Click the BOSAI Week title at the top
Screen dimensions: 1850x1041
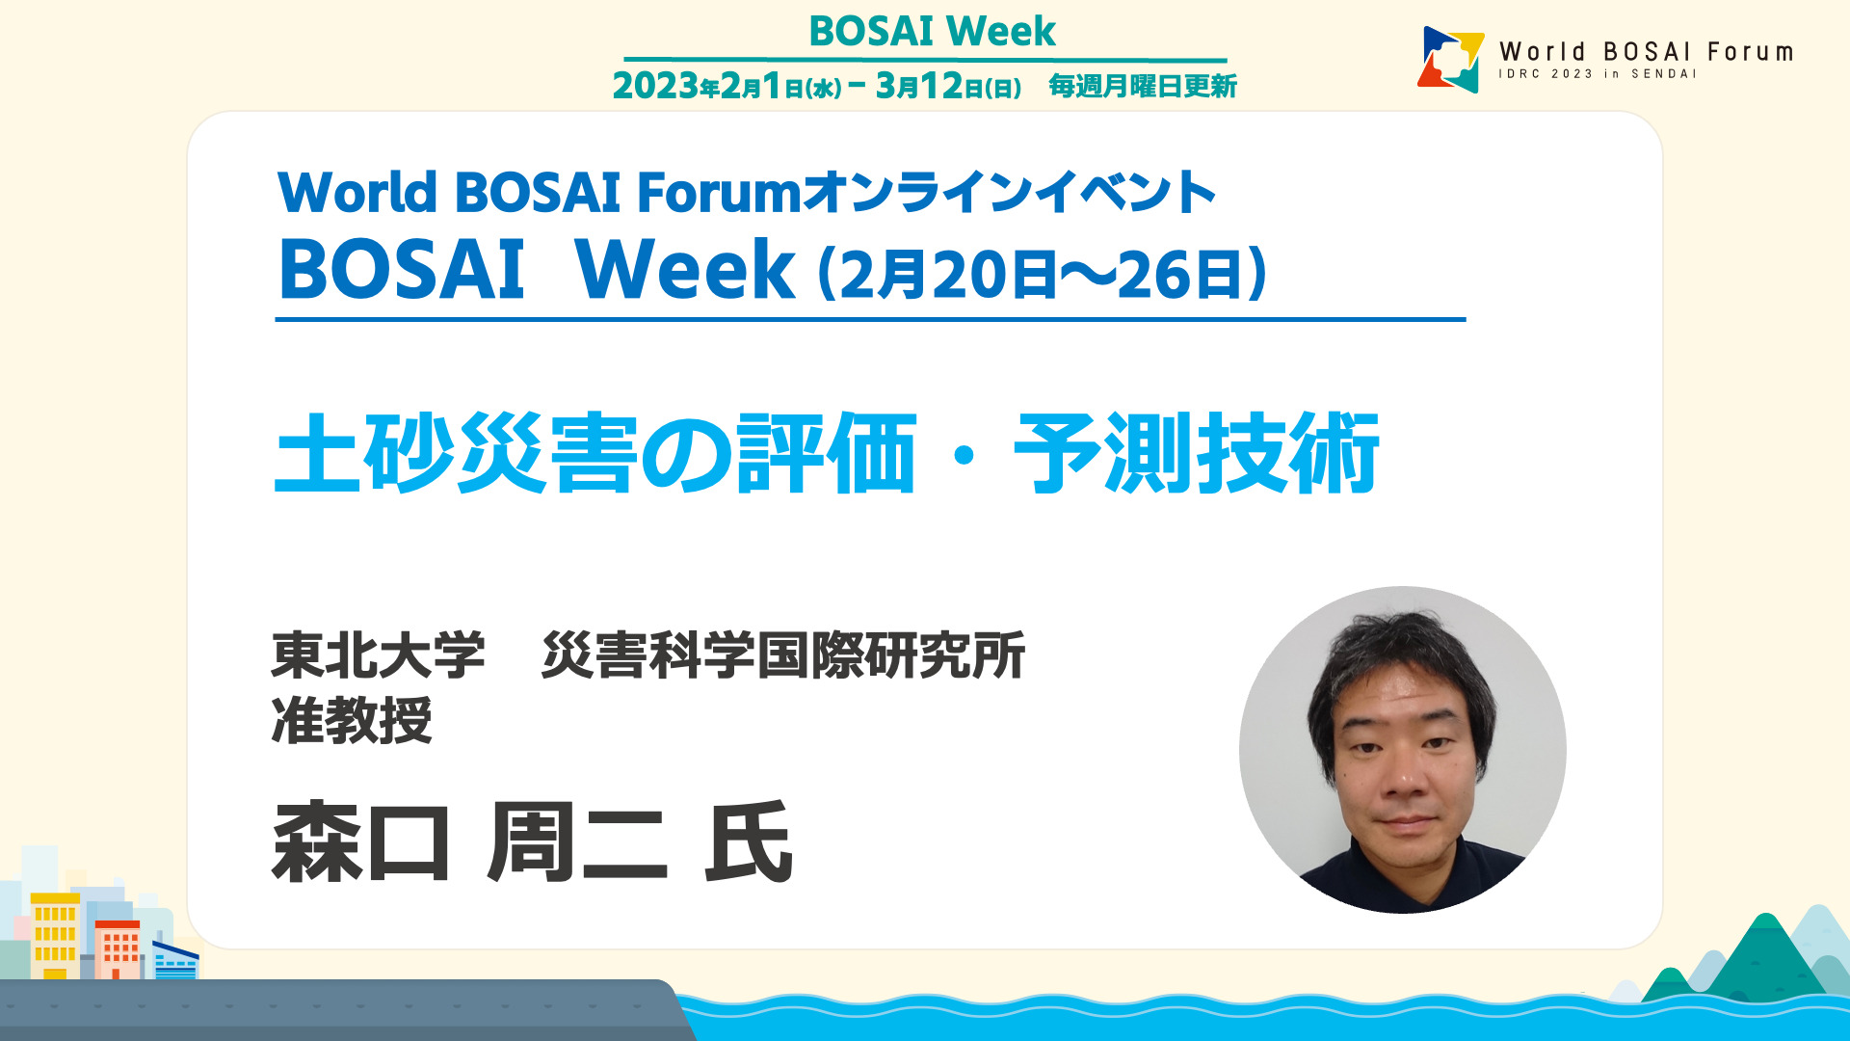point(932,31)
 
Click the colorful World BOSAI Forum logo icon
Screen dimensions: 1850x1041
point(1451,59)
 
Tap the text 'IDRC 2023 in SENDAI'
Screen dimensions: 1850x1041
point(1597,74)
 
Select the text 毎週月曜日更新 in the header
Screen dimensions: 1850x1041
point(1143,87)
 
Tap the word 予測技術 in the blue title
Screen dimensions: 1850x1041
point(1196,453)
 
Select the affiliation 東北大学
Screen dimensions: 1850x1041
point(378,655)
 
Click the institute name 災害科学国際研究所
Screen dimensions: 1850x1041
point(783,655)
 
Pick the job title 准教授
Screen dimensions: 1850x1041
point(352,720)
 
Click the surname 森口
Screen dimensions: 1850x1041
point(361,842)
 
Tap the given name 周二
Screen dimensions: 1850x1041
point(576,842)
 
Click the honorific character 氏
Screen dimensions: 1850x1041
point(749,842)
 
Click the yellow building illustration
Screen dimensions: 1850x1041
point(55,935)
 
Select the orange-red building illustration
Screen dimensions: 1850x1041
point(118,949)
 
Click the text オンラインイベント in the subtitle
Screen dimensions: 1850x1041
point(1009,192)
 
